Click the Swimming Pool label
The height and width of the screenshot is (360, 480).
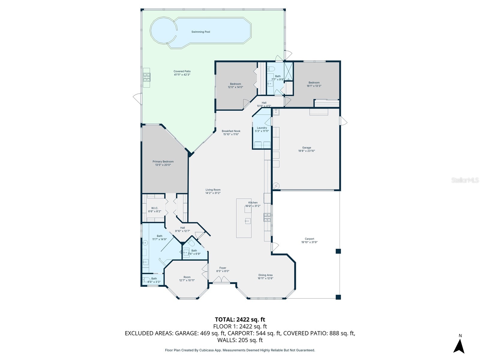click(201, 32)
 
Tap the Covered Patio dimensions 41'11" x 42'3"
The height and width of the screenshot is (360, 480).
click(182, 75)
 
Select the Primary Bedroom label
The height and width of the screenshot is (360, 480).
click(163, 161)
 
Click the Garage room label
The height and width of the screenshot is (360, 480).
click(306, 148)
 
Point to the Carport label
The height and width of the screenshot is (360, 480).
click(309, 239)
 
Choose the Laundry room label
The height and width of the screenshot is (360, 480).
click(262, 128)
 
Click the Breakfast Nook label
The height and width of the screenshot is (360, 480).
click(231, 131)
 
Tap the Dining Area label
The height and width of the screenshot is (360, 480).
click(265, 275)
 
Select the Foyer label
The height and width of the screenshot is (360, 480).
click(223, 268)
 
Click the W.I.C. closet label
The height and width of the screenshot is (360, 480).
click(154, 208)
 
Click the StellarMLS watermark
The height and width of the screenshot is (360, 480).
click(465, 180)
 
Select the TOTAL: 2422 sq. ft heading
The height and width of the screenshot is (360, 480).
click(240, 319)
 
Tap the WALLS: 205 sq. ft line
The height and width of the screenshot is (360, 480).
click(240, 340)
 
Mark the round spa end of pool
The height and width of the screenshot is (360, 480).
click(162, 30)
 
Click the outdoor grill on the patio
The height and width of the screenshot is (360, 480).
click(146, 78)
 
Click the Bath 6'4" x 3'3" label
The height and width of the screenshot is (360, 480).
click(154, 279)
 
